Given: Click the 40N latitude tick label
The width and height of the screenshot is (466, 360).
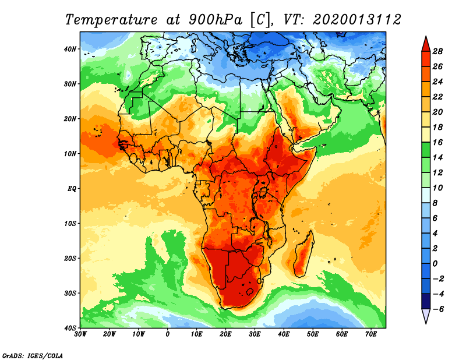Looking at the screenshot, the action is [70, 49].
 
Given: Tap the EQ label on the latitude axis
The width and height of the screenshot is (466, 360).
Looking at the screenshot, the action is [72, 189].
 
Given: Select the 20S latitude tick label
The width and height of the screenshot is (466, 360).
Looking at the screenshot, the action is [70, 258].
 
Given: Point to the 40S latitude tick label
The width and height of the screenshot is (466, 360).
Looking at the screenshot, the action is [70, 328].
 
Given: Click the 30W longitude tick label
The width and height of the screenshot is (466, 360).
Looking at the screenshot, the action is [80, 334].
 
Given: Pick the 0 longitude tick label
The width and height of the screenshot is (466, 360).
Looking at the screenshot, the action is [168, 334].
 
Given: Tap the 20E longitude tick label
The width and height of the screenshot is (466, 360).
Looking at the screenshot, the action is [225, 334].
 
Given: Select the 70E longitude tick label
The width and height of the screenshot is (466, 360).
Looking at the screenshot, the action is [371, 334].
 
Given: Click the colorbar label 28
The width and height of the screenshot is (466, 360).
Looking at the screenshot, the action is [437, 51].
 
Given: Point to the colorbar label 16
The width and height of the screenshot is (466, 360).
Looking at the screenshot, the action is [437, 142].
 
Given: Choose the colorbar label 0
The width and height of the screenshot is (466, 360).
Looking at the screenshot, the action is [435, 264].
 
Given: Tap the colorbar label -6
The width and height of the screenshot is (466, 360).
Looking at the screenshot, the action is [437, 309].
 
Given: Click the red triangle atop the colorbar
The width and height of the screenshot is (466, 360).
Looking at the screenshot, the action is [426, 45].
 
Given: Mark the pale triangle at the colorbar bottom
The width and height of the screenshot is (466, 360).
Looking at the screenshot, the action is [426, 315].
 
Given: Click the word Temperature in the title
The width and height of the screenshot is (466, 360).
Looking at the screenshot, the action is [111, 20].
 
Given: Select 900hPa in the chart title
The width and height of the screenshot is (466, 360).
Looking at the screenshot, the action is [216, 20].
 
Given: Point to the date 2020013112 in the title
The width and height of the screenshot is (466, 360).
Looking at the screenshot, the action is [356, 20].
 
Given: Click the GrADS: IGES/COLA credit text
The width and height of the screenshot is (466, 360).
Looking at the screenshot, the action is [33, 355].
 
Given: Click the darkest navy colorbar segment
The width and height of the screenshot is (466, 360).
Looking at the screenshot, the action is [426, 301].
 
